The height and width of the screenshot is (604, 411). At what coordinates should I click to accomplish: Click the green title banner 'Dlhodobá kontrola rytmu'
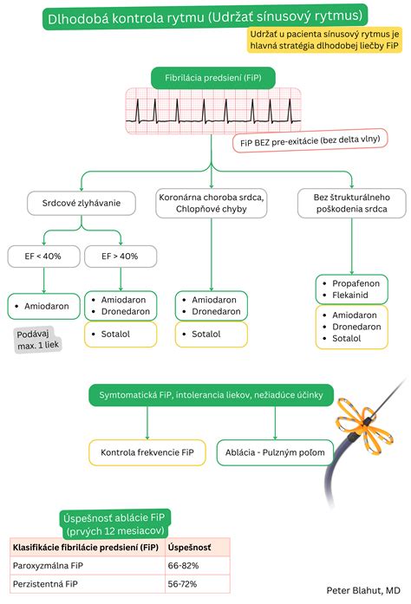coord(205,17)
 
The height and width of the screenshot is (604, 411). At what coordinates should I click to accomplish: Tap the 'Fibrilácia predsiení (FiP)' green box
coord(212,78)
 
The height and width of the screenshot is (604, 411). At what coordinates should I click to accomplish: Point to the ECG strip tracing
coord(213,111)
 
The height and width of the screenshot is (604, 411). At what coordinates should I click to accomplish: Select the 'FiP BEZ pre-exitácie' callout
coord(310,140)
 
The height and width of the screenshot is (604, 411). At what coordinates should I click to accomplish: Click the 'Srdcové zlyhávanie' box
coord(82,203)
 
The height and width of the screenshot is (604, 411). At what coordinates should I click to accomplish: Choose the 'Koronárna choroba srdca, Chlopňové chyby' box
coord(212,203)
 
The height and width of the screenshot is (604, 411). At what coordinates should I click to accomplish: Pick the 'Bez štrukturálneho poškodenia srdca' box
coord(352,203)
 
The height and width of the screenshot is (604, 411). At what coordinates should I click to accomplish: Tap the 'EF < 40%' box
coord(43,257)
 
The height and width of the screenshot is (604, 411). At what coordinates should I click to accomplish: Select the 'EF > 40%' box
coord(121,257)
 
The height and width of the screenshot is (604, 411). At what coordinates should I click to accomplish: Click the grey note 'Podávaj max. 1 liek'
coord(37,340)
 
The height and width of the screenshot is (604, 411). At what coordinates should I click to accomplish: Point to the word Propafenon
coord(356,283)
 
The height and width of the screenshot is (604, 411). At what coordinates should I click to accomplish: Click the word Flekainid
coord(350,295)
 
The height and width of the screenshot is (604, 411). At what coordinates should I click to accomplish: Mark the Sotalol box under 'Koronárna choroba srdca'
coord(212,334)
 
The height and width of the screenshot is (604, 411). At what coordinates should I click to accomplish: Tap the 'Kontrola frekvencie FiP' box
coord(147,452)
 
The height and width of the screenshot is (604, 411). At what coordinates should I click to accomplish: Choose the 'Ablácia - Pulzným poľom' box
coord(275,452)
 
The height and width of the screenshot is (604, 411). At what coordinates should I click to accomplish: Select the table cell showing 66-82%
coord(183,566)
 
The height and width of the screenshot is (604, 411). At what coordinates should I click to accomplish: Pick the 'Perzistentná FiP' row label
coord(45,584)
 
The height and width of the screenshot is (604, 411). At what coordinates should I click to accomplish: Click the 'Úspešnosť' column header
coord(189,548)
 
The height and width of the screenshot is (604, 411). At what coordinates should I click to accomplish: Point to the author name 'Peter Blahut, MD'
coord(363,590)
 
